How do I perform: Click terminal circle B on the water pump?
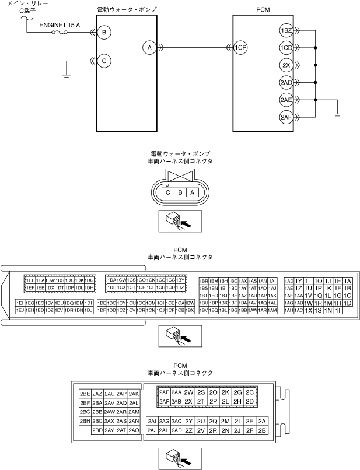pos(104,33)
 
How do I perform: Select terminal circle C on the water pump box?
pos(104,60)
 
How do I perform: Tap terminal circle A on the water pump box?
pos(150,48)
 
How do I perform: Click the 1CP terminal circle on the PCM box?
pos(240,48)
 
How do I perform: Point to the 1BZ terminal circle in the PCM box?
pos(286,30)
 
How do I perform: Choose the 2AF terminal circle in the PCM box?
pos(286,117)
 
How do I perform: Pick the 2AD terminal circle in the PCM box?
pos(286,82)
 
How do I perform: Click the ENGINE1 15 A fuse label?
pos(60,26)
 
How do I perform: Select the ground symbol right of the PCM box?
pos(337,115)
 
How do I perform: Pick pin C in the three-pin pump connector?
pos(167,192)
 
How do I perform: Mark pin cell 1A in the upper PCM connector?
pos(348,280)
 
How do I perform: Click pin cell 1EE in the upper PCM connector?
pos(30,280)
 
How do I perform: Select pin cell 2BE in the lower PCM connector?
pos(85,394)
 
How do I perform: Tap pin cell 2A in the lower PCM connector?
pos(262,421)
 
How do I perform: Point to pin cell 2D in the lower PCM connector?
pos(250,401)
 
